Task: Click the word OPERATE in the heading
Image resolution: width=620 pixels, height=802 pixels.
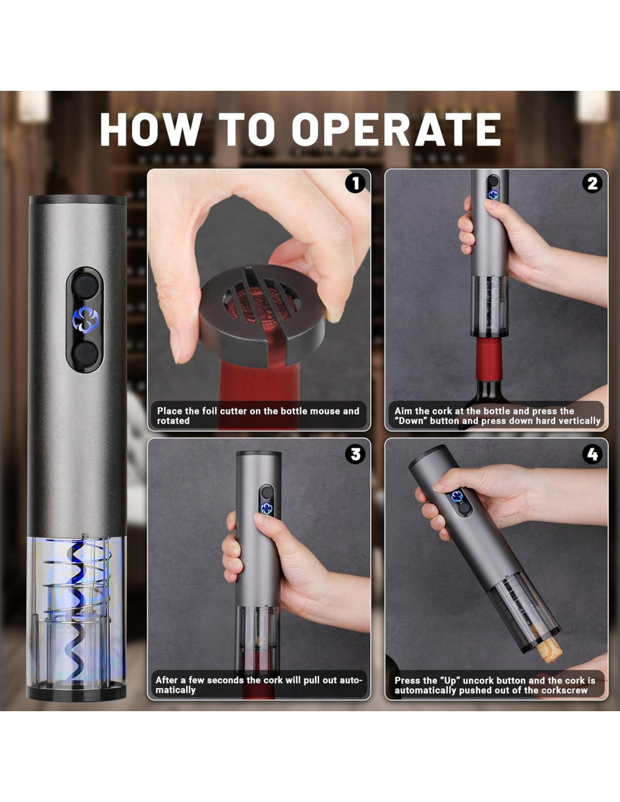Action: tap(396, 129)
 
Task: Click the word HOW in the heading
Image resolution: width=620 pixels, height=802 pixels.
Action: tap(150, 129)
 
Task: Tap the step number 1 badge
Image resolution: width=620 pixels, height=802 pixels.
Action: tap(355, 183)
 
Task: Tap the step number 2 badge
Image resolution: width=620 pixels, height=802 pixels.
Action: tap(592, 183)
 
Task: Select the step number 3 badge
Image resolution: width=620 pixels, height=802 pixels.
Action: tap(355, 454)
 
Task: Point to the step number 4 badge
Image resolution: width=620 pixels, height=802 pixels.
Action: tap(592, 454)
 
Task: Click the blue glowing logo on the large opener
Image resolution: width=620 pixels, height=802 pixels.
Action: tap(85, 320)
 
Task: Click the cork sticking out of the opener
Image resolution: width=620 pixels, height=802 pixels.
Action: tap(548, 651)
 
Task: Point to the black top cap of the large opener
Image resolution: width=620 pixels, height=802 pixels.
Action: tap(77, 200)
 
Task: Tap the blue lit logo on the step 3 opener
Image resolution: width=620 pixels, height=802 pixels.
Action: tap(266, 508)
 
